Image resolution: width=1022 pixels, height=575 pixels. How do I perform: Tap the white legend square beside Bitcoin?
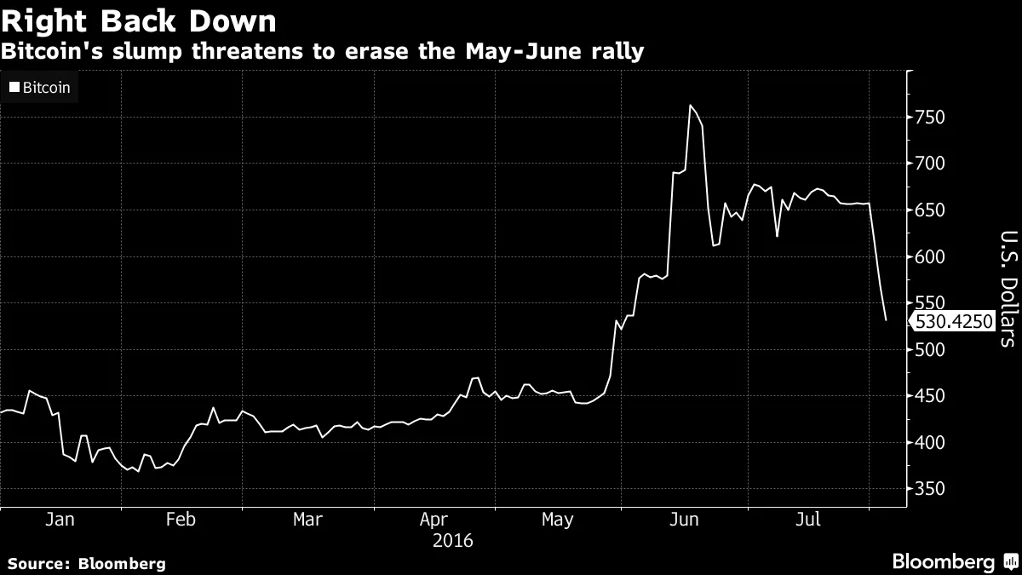point(14,87)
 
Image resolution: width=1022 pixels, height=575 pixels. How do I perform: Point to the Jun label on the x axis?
point(685,520)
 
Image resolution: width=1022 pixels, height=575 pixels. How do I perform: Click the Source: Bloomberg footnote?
point(86,563)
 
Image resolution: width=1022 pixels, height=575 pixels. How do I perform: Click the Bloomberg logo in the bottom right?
point(953,561)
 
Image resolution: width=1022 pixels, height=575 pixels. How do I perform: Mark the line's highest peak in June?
point(690,106)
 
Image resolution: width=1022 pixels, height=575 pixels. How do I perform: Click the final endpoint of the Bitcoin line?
point(886,320)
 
